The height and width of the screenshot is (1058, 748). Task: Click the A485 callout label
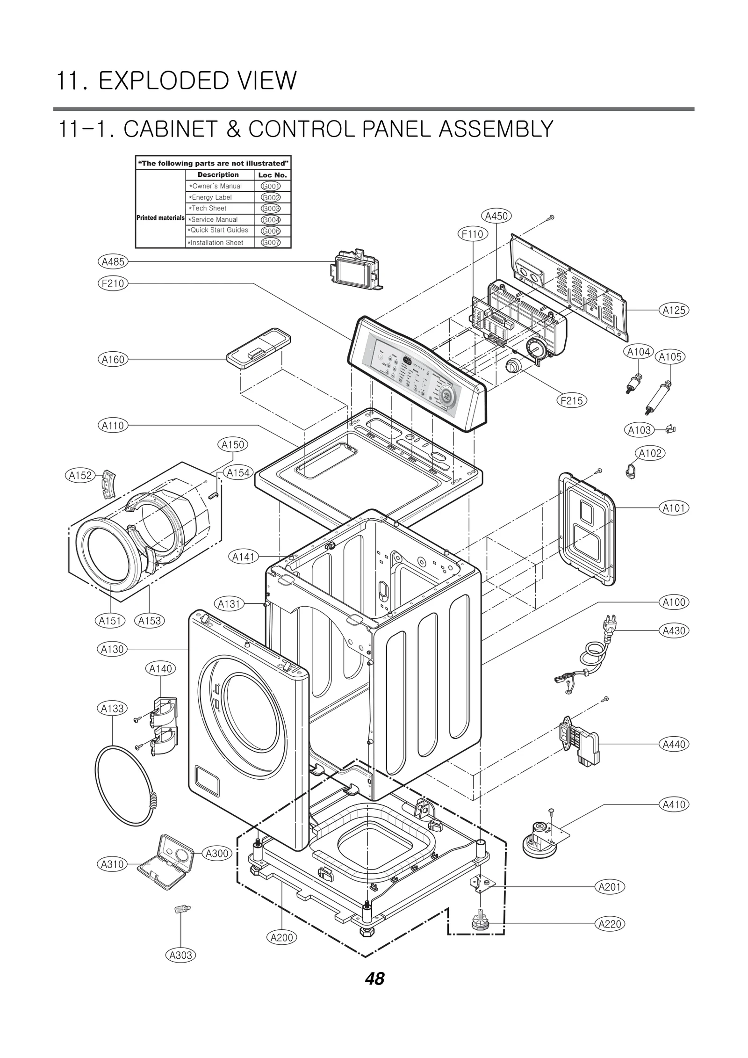click(113, 261)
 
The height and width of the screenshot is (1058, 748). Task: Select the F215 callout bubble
click(572, 400)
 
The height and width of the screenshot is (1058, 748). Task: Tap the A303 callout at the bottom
click(181, 955)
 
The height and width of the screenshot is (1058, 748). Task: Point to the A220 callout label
click(610, 924)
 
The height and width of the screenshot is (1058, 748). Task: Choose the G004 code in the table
click(271, 220)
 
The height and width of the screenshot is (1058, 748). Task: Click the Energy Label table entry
click(211, 197)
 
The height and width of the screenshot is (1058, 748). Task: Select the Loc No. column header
click(273, 175)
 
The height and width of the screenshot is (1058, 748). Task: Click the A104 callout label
click(639, 352)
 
